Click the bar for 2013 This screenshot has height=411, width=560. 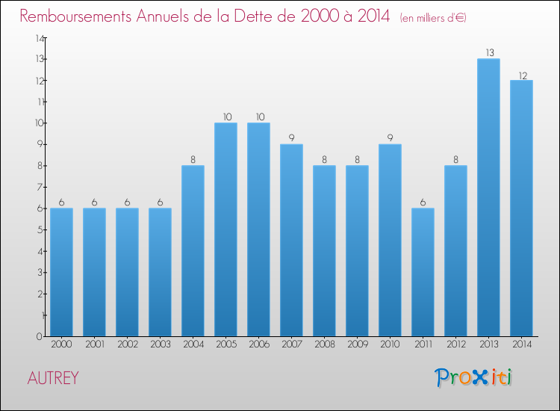click(x=488, y=197)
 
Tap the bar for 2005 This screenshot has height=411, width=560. click(x=225, y=229)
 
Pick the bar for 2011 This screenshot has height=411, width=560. click(x=423, y=272)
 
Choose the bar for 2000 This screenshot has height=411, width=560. click(x=61, y=272)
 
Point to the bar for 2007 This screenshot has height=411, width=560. click(x=291, y=240)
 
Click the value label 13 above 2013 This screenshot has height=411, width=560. click(x=488, y=53)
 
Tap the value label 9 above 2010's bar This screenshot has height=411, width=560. click(x=390, y=138)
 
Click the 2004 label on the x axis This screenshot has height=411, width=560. click(x=193, y=345)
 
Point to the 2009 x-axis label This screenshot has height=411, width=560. click(x=357, y=345)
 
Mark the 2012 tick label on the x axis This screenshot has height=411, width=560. click(x=455, y=345)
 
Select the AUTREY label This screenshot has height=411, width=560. click(x=52, y=378)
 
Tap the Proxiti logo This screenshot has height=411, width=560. click(x=473, y=377)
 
